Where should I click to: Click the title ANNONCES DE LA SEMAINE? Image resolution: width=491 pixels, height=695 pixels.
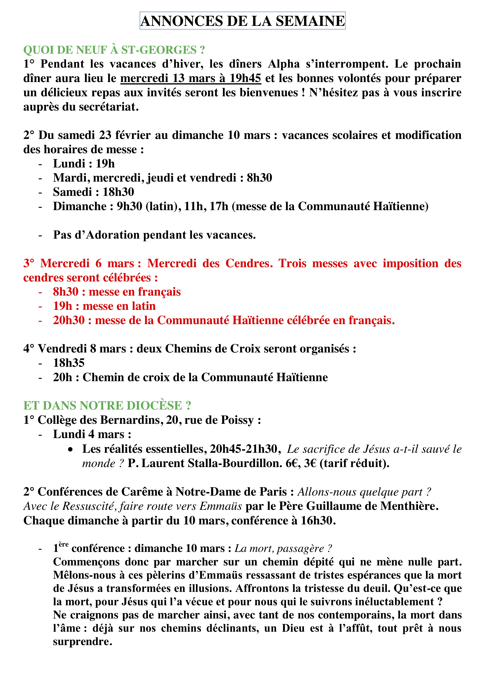point(242,21)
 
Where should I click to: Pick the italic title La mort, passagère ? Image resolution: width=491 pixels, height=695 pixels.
point(283,548)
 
